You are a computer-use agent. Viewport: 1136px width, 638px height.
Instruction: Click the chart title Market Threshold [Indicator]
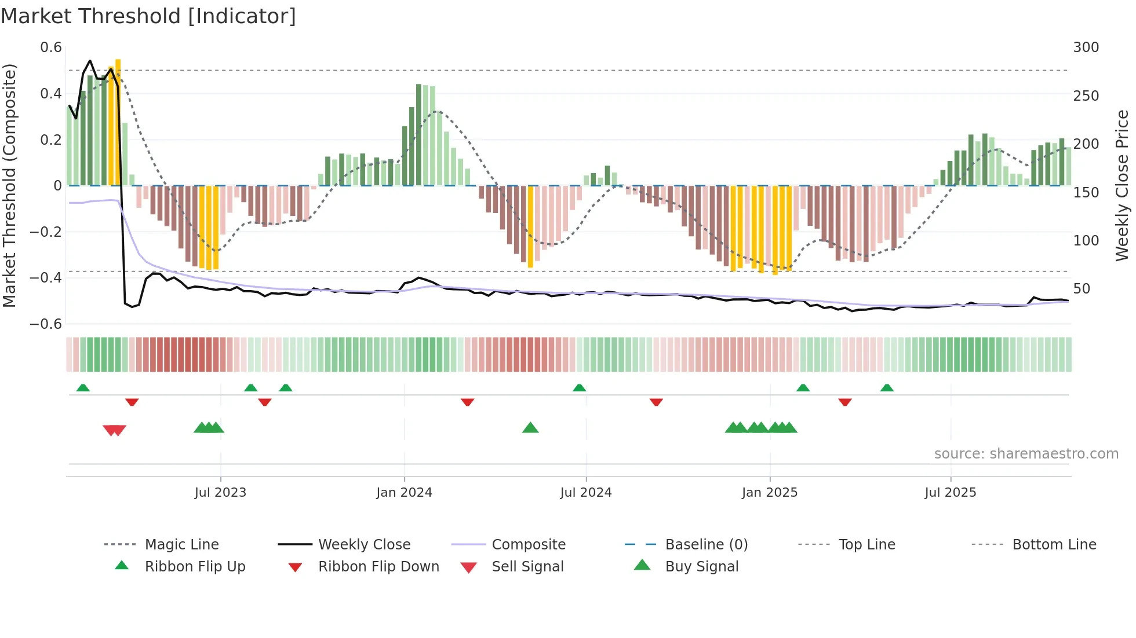[x=148, y=16]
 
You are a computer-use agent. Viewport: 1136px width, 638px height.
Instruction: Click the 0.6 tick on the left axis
[x=51, y=47]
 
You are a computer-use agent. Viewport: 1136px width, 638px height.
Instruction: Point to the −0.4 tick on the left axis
[x=46, y=278]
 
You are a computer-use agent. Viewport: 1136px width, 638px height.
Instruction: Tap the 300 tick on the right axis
[x=1086, y=47]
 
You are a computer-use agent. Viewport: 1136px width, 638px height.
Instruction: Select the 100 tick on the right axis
[x=1086, y=240]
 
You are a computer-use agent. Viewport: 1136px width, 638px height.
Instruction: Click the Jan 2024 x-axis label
[x=404, y=493]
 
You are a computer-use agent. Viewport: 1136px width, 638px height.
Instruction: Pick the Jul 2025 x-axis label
[x=950, y=493]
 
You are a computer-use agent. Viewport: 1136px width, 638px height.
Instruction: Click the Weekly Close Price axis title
[x=1122, y=185]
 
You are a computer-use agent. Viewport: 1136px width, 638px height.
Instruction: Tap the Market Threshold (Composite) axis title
[x=9, y=185]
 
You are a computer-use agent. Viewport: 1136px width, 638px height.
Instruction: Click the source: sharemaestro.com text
[x=1026, y=454]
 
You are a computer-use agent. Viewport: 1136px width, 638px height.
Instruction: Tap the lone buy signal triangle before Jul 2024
[x=530, y=428]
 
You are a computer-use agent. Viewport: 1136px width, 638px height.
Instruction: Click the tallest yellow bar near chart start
[x=118, y=122]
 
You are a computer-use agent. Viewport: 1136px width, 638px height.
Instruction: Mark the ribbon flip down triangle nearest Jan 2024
[x=468, y=402]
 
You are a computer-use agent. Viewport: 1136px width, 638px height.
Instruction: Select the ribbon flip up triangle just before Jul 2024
[x=579, y=388]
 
